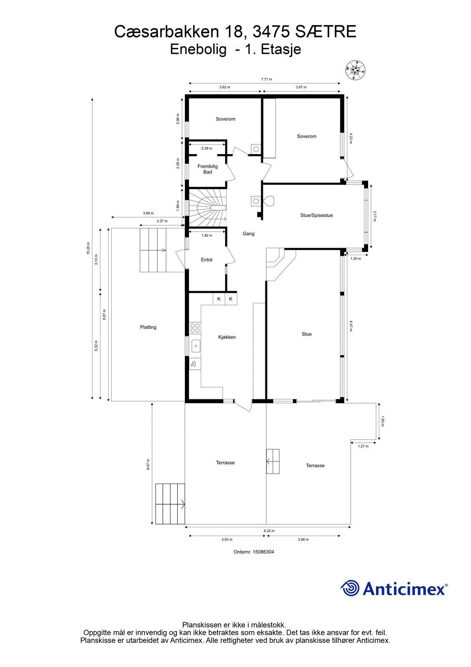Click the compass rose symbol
coord(355,70)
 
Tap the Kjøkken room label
coord(227,337)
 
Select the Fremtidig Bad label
coord(208,169)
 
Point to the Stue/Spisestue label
coord(316,215)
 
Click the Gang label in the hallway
coord(249,234)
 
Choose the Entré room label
coord(207,260)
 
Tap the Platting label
coord(148,327)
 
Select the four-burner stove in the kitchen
coord(195,328)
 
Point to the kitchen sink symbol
coord(195,346)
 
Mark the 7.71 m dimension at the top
coord(266,79)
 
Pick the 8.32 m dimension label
coord(269,531)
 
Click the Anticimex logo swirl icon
coord(350,588)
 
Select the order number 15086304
coord(263,552)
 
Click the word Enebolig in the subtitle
coord(198,50)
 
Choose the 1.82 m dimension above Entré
coord(207,236)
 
